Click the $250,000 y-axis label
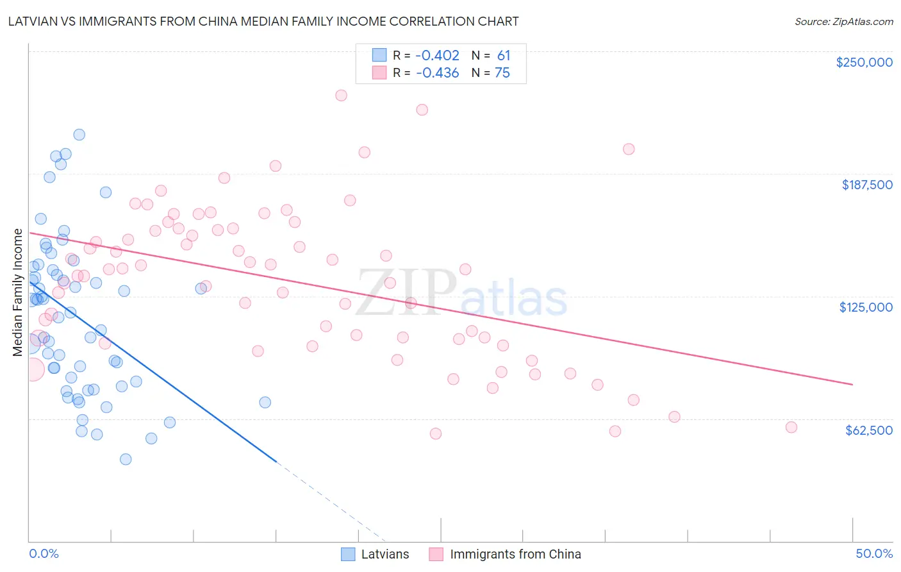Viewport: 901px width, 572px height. click(864, 62)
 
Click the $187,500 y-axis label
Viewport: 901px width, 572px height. click(866, 185)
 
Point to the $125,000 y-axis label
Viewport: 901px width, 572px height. click(866, 307)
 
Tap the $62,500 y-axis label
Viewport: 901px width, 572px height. click(868, 430)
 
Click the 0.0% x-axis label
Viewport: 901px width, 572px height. click(44, 553)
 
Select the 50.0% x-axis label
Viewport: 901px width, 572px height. click(874, 553)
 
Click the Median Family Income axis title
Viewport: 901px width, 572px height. click(17, 292)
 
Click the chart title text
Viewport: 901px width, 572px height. click(263, 21)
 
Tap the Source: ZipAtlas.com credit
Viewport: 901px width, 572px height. click(843, 21)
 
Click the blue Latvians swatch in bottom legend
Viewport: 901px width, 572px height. click(348, 554)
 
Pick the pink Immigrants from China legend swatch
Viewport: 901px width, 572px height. click(436, 554)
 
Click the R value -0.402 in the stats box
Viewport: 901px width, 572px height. click(437, 56)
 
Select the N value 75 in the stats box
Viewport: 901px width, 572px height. click(502, 73)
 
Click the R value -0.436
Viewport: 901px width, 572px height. click(437, 73)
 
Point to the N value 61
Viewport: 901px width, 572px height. click(504, 56)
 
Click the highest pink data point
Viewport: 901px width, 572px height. click(341, 96)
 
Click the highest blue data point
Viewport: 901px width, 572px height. click(79, 135)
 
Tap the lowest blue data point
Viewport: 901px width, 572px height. click(126, 459)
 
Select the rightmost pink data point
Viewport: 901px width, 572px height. click(791, 428)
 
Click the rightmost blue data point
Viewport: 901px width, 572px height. click(265, 403)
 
